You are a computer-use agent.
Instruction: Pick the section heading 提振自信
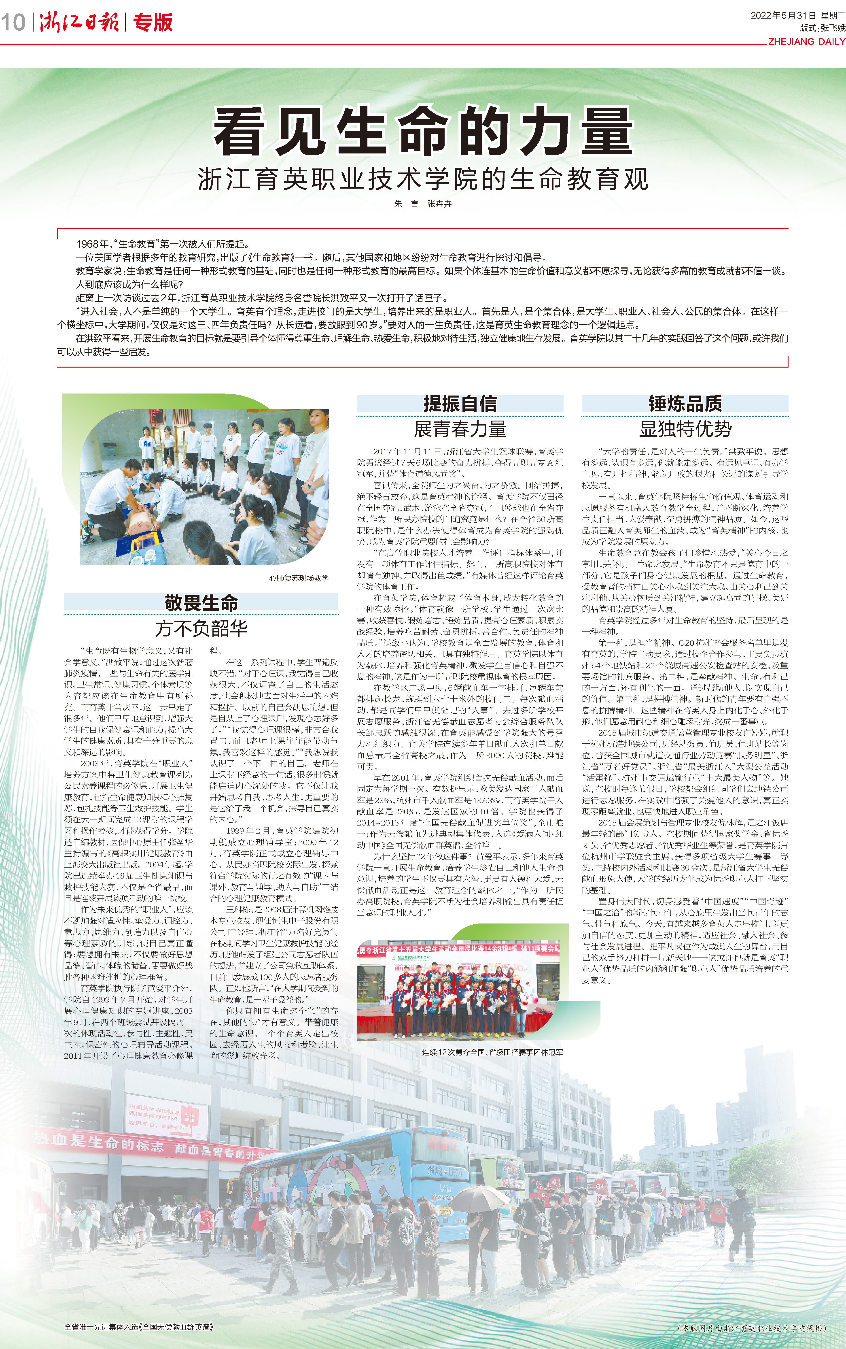pyautogui.click(x=460, y=403)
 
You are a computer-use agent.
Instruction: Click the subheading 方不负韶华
pyautogui.click(x=201, y=628)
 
